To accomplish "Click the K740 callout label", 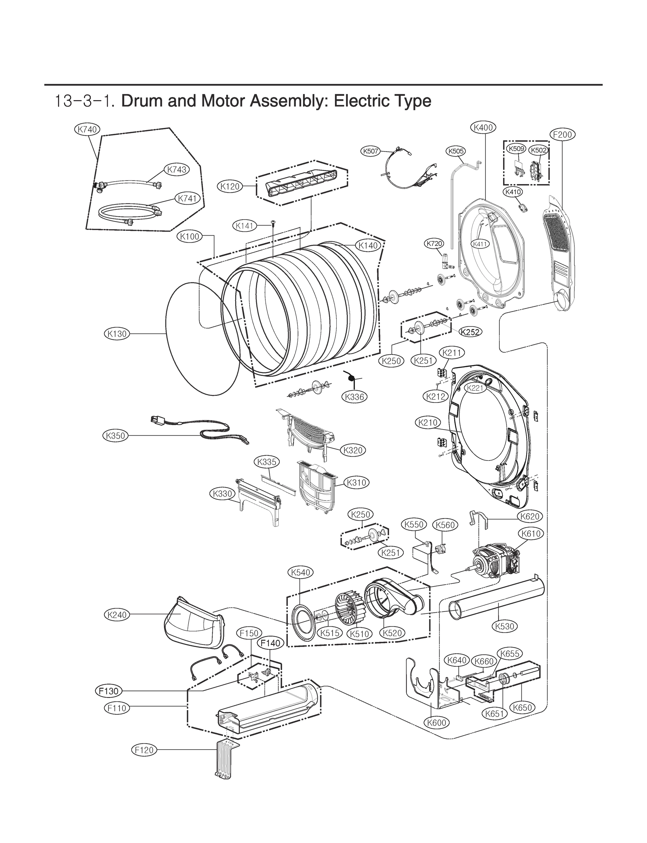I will click(87, 130).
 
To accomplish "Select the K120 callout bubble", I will click(230, 187).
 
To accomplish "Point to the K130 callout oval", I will click(117, 334).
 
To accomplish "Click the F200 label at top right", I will click(562, 135).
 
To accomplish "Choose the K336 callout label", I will click(355, 397).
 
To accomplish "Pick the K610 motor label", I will click(531, 534).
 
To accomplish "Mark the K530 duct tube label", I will click(504, 627).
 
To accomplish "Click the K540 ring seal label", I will click(301, 573).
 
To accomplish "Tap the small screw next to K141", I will click(273, 222).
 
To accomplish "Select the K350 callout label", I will click(115, 436).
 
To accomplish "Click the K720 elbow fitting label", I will click(434, 243).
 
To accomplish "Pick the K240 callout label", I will click(117, 615).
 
